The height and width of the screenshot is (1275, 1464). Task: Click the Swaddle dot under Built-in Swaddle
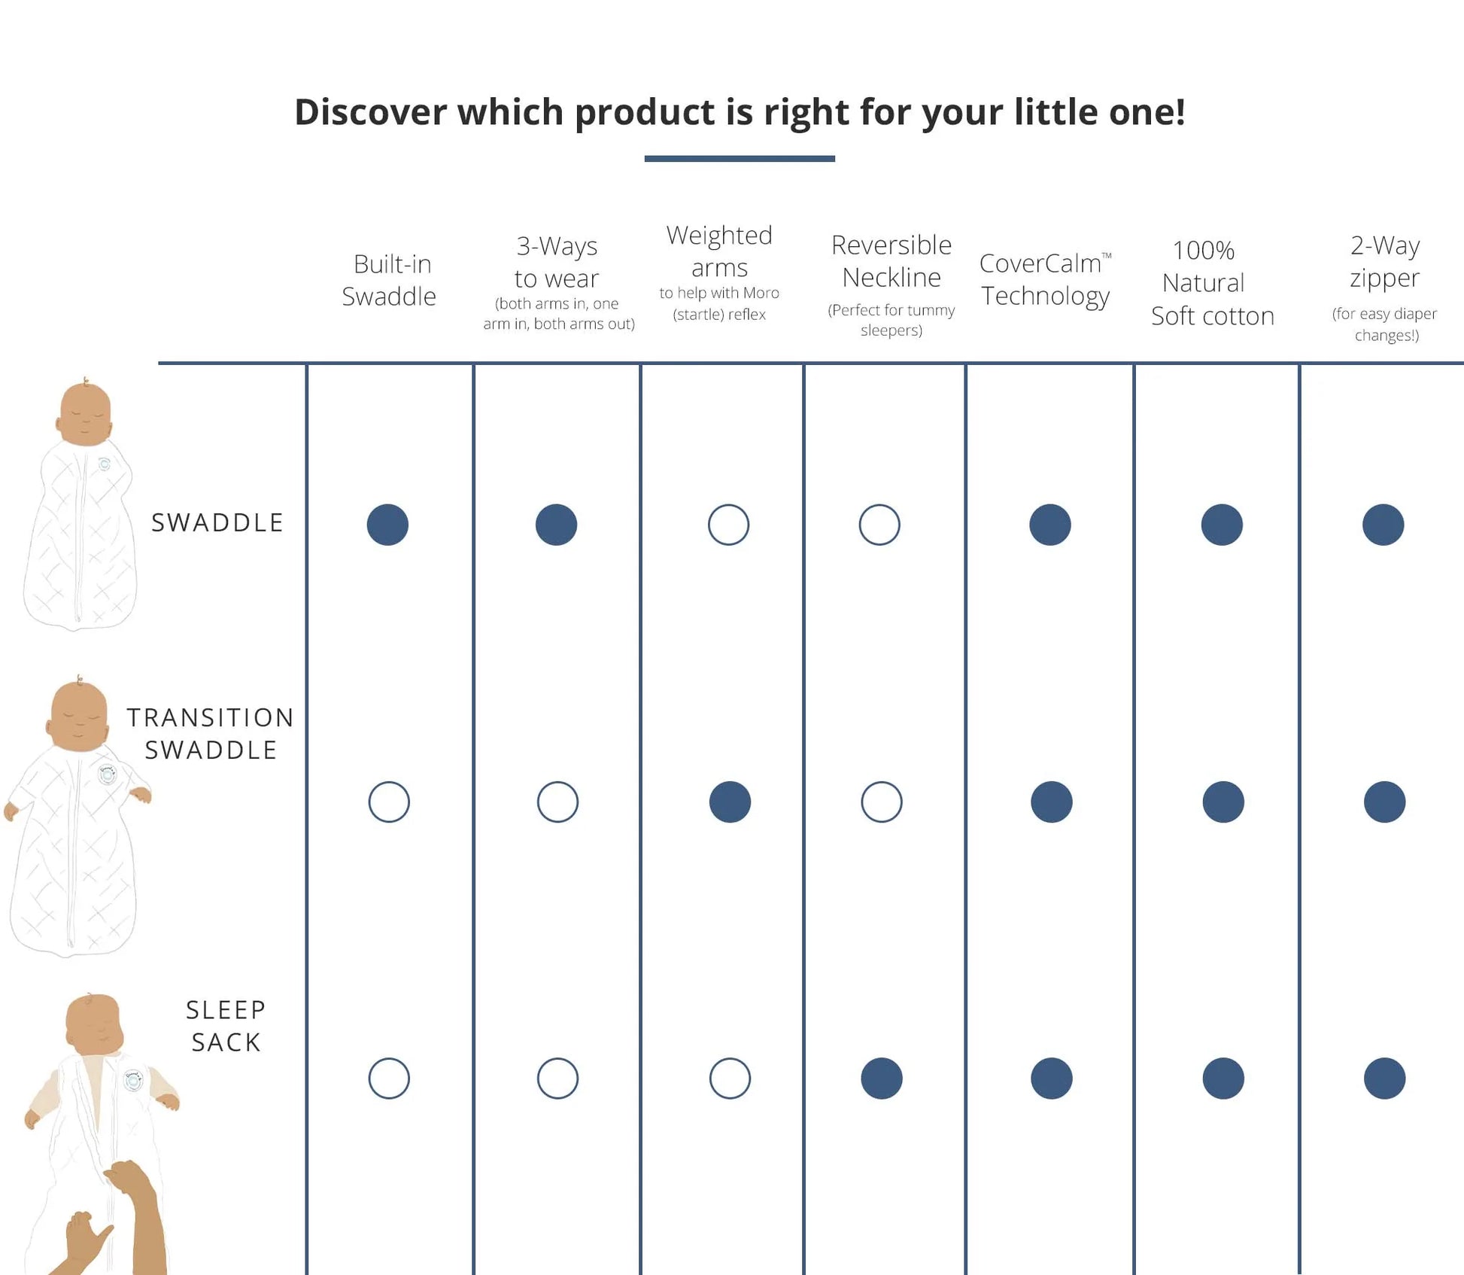[387, 525]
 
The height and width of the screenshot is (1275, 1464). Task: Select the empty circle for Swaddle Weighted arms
[728, 525]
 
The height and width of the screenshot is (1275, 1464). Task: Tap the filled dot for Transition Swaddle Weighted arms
[730, 802]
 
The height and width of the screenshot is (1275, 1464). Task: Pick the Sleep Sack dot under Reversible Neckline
[882, 1079]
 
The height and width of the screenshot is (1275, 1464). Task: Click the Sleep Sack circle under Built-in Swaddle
[389, 1079]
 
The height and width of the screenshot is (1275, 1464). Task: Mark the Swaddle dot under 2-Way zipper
[1383, 525]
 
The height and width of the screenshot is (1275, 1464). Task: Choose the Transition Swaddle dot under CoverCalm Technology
[1051, 802]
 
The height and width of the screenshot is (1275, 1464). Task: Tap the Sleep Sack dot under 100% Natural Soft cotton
[1223, 1079]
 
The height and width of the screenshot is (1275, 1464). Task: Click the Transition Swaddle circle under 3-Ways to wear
[557, 802]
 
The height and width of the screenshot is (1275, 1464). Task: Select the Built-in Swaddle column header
[390, 280]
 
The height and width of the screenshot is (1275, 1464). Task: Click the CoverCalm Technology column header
[1045, 279]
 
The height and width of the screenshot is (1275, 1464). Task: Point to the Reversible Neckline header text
[891, 261]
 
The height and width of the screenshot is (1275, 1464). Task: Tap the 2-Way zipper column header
[1384, 261]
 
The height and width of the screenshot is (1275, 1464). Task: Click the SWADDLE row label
[217, 522]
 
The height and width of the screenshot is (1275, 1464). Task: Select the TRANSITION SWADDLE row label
[211, 733]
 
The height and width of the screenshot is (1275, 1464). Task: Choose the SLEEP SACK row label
[226, 1025]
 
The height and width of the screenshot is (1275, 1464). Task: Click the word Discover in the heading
[369, 112]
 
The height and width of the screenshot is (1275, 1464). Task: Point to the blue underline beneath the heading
[740, 159]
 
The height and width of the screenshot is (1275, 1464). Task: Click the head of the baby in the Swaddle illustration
[85, 413]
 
